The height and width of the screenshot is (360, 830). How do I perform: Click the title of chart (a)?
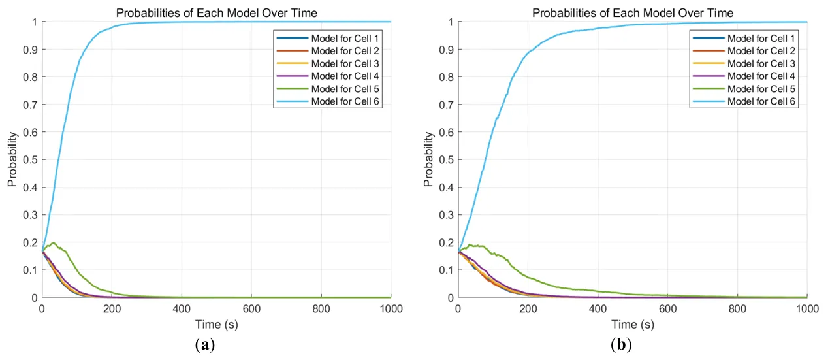[x=216, y=13]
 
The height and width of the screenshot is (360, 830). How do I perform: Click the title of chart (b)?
[x=632, y=13]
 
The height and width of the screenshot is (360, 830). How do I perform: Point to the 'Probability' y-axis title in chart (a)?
[x=12, y=159]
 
